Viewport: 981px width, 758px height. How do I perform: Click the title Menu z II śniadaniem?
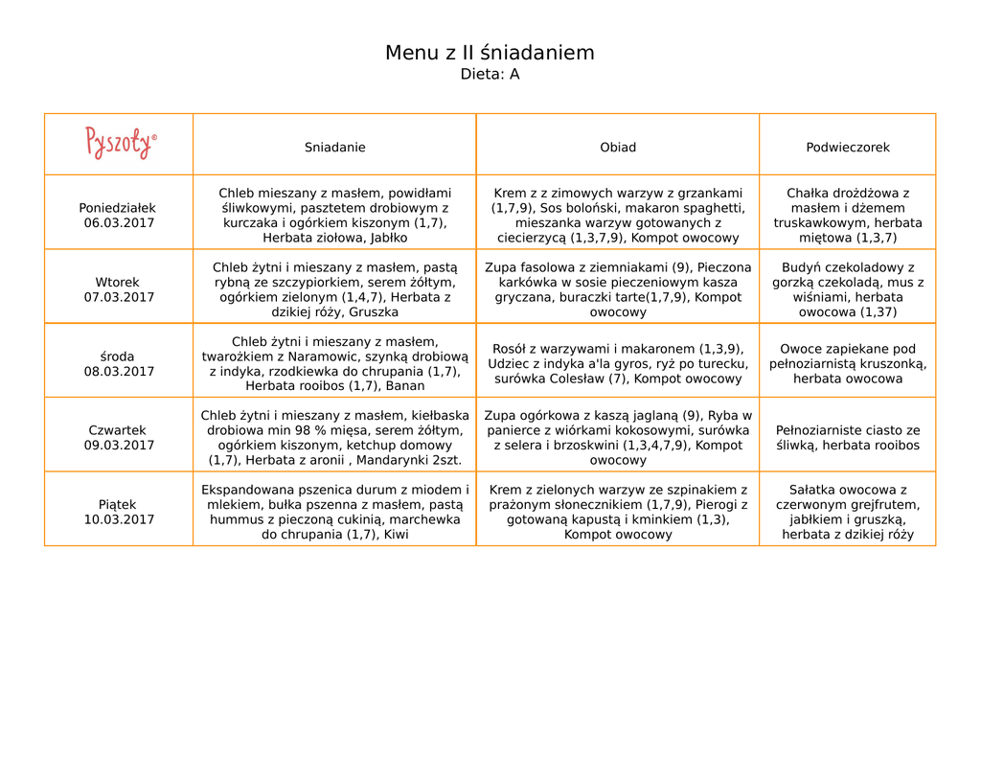point(490,53)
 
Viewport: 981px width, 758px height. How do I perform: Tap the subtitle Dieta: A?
point(490,75)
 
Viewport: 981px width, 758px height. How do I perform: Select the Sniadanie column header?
point(334,148)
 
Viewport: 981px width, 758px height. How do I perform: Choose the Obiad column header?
point(618,148)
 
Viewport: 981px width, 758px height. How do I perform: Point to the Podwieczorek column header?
point(848,148)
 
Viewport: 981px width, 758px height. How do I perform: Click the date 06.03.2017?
point(119,223)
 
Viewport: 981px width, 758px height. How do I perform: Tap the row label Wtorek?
point(118,283)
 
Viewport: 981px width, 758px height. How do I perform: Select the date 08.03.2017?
point(119,372)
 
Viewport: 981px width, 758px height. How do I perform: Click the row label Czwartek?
point(118,431)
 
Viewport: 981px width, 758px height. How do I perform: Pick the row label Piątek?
point(118,505)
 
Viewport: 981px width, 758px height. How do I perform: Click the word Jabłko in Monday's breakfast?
point(386,238)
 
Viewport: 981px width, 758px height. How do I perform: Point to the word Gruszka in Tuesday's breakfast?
point(374,312)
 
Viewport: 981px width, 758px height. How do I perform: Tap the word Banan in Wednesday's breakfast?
point(405,386)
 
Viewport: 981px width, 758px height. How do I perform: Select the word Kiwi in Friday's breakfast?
point(396,535)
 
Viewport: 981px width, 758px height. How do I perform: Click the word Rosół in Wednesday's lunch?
point(511,349)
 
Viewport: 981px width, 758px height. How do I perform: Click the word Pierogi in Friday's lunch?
point(716,505)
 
